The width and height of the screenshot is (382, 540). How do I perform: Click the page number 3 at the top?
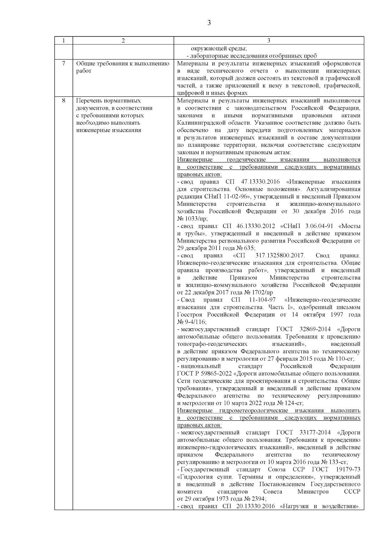[x=209, y=23]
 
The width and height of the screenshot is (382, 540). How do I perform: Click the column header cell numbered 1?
[x=63, y=40]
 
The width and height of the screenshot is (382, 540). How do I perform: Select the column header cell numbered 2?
[x=123, y=40]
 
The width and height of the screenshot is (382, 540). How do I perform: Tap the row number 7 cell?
[x=63, y=63]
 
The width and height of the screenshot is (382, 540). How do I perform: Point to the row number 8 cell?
[x=63, y=100]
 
